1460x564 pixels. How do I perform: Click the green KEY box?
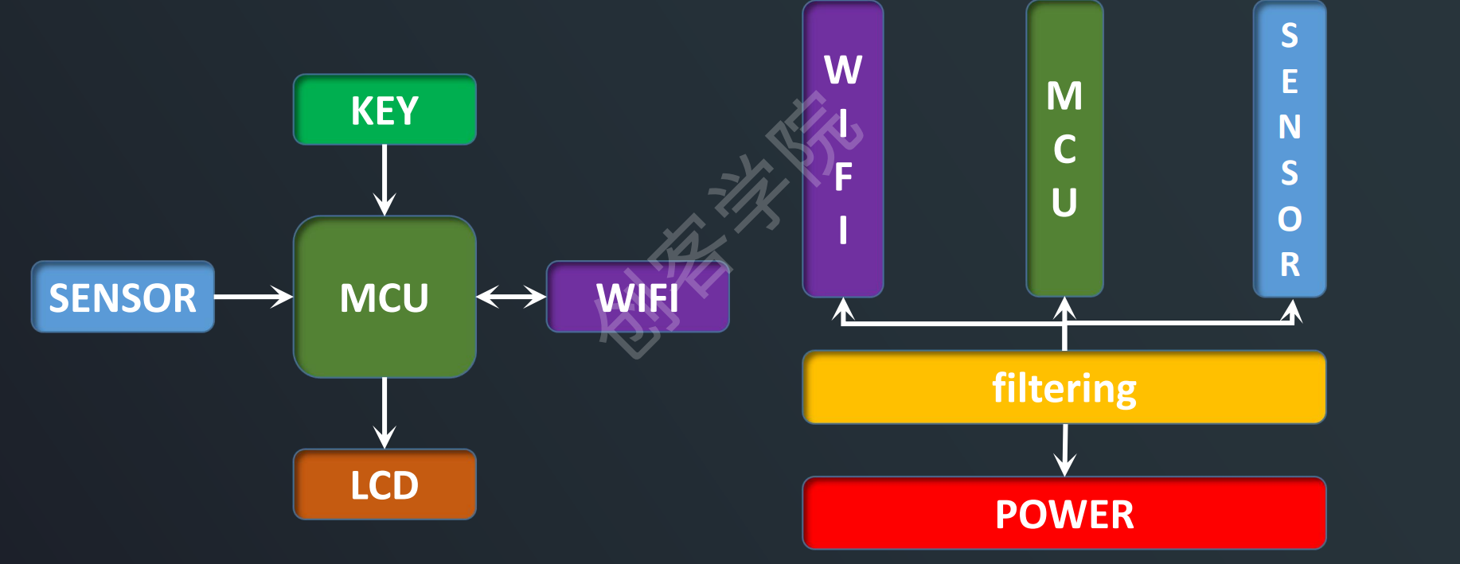click(385, 110)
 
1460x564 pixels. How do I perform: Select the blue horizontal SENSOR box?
click(123, 297)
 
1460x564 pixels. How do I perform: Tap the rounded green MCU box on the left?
click(385, 297)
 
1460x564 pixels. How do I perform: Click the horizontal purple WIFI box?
click(638, 297)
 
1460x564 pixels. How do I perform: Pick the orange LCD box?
click(385, 484)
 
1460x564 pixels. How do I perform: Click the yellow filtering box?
click(1064, 387)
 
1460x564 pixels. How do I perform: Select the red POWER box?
click(1064, 513)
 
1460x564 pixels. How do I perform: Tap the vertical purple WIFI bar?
click(843, 149)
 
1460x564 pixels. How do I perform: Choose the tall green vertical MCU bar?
click(1064, 149)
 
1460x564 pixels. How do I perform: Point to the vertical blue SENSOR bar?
click(1290, 149)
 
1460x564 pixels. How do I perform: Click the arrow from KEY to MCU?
click(385, 180)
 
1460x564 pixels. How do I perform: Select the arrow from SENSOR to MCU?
click(253, 297)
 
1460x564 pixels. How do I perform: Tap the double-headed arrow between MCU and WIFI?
click(511, 297)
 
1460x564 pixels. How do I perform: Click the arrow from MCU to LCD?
click(385, 413)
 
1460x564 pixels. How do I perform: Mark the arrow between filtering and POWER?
click(1064, 450)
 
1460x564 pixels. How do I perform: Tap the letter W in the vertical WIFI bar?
click(843, 70)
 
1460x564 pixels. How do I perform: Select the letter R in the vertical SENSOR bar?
click(1290, 264)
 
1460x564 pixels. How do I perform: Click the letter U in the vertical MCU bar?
click(1064, 202)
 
